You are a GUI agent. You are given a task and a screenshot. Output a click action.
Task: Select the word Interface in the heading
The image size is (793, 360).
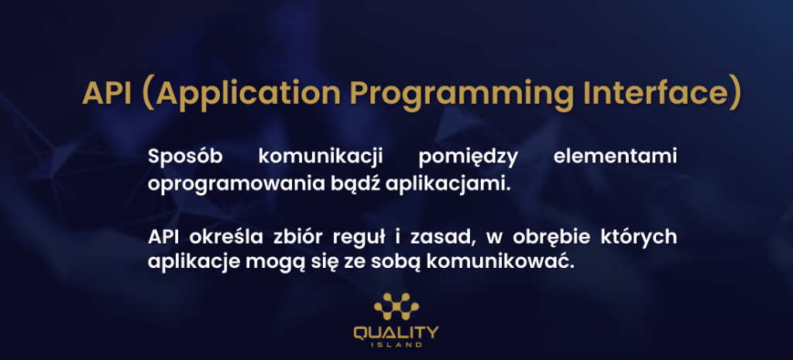[x=657, y=93]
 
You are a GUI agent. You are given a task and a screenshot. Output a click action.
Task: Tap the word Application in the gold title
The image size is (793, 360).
[x=248, y=94]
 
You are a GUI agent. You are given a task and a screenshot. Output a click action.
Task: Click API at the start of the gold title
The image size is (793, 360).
[x=107, y=93]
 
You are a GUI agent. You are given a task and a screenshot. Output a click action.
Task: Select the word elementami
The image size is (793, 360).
[x=615, y=156]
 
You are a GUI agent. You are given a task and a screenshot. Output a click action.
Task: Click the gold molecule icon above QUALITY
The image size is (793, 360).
[x=396, y=306]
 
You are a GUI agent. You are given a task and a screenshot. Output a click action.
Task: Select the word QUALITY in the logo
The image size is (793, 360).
[x=396, y=333]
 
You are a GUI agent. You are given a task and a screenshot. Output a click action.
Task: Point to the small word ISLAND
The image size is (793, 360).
[x=396, y=345]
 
